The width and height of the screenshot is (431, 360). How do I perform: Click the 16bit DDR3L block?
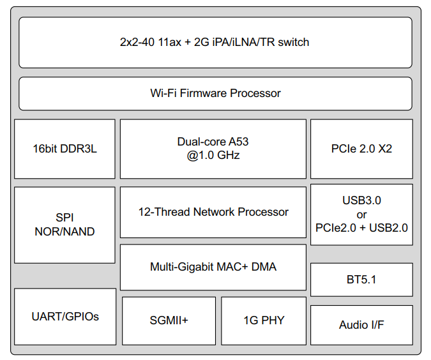[64, 149]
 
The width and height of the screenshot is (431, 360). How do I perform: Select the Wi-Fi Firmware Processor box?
[215, 93]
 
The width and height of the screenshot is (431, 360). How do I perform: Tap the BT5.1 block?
[361, 279]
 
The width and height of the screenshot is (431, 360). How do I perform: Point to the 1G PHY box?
[264, 320]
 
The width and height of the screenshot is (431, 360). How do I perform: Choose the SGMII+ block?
[169, 320]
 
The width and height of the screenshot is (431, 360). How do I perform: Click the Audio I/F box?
[361, 325]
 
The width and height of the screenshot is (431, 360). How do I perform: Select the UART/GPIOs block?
[65, 317]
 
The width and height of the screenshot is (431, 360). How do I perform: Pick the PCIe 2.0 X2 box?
[361, 149]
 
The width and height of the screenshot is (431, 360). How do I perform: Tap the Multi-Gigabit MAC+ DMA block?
[213, 267]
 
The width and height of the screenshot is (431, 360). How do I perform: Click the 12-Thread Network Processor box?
[213, 212]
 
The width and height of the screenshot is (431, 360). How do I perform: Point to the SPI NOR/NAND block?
[64, 225]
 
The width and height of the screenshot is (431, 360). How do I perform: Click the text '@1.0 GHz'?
[213, 155]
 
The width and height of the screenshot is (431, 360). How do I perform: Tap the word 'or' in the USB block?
[361, 214]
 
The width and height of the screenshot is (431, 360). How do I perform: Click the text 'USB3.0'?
[361, 200]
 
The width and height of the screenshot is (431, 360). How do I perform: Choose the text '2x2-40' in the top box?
[136, 42]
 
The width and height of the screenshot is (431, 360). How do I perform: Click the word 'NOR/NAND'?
[64, 232]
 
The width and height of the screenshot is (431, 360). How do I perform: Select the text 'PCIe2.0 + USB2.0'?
[361, 227]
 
